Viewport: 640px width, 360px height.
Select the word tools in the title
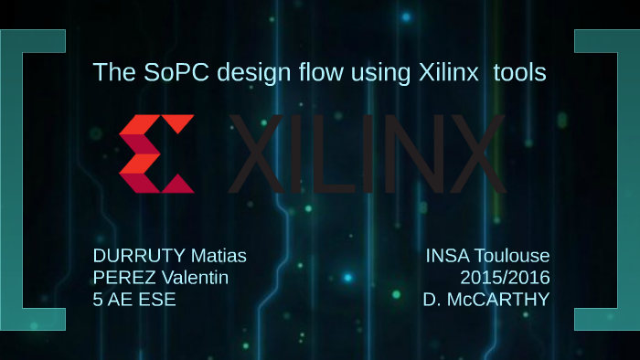click(x=519, y=73)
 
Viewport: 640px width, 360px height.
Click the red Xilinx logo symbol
click(x=156, y=154)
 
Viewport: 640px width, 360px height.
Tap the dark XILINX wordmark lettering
click(x=366, y=154)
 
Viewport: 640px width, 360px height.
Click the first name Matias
click(x=219, y=256)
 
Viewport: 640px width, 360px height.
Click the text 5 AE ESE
click(x=134, y=299)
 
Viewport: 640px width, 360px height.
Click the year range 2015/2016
click(x=505, y=277)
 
